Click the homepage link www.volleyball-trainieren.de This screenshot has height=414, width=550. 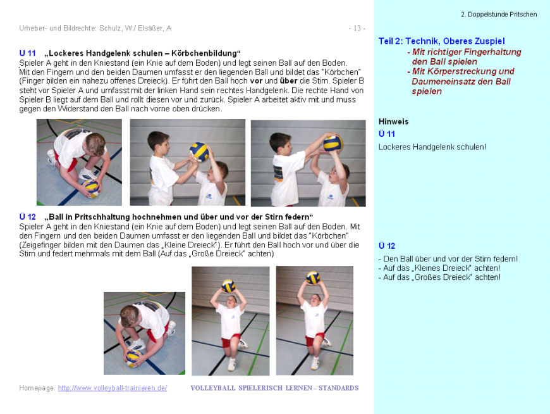(113, 388)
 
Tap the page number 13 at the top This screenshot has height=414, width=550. (357, 28)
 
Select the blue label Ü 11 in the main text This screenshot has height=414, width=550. (27, 53)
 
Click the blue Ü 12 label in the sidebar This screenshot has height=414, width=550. (387, 246)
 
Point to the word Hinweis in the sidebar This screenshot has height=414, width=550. (393, 122)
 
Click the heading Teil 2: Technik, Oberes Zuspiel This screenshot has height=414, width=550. (441, 41)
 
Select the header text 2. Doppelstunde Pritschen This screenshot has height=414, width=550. (499, 14)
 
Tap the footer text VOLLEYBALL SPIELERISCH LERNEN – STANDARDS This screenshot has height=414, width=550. (274, 388)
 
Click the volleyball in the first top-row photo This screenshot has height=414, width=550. (91, 188)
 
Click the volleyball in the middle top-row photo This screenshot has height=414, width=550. (199, 151)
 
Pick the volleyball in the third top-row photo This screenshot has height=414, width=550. (333, 143)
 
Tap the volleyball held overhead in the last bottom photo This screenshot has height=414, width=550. (313, 277)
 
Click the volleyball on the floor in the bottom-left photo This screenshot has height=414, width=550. (133, 358)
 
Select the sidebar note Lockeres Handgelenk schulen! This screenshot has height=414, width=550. (432, 147)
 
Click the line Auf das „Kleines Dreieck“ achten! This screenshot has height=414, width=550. (439, 268)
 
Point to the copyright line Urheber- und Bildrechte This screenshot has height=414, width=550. (95, 28)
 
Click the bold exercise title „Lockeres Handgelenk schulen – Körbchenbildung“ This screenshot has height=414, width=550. (143, 53)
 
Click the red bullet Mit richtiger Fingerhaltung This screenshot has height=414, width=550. (467, 52)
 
